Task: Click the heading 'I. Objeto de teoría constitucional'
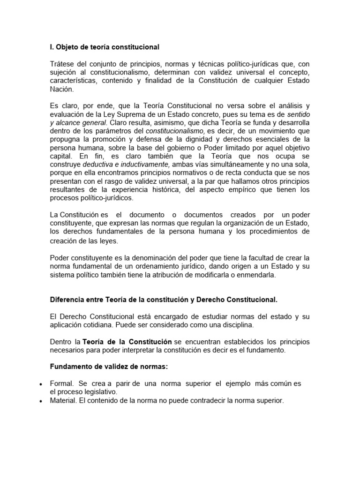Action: (105, 47)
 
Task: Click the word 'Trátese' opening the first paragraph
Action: (62, 64)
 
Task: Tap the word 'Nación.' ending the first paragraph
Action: (62, 89)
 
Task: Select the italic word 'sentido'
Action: (298, 114)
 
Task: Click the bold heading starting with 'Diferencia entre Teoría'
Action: (164, 299)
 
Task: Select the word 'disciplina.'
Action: (235, 325)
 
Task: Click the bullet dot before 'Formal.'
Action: (41, 384)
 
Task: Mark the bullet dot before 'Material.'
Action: (41, 401)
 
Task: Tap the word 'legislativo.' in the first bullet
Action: (99, 392)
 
